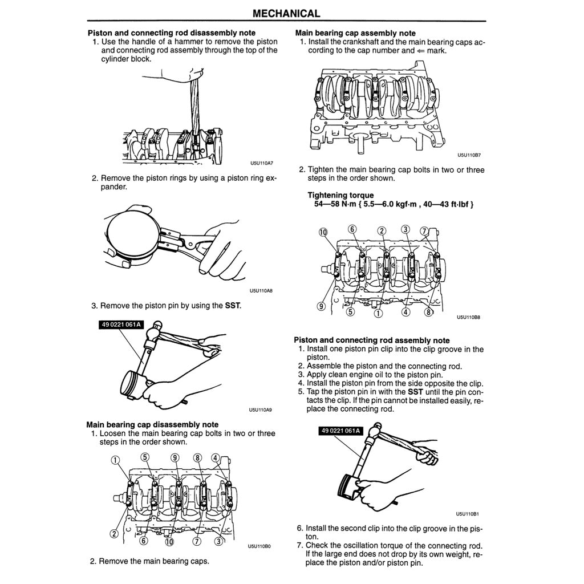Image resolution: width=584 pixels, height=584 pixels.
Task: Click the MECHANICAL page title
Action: pos(286,13)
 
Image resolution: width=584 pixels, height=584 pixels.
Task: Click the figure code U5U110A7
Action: pos(261,162)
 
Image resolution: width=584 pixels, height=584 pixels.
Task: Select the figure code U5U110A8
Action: pos(261,291)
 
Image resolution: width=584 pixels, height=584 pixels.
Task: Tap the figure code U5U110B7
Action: pos(469,155)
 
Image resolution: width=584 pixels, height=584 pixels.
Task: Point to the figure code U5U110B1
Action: pos(468,513)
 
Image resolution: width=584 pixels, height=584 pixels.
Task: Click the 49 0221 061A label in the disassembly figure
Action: pos(121,325)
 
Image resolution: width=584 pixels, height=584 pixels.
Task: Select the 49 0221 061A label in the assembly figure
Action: pos(339,431)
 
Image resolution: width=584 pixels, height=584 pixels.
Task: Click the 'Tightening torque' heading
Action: pos(340,195)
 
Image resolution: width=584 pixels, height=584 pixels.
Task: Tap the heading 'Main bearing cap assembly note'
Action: pos(355,33)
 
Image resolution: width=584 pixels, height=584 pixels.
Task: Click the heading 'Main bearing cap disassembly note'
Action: pos(152,424)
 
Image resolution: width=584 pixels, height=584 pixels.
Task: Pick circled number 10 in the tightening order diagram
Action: pos(323,232)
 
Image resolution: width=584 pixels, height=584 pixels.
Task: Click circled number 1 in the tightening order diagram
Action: pos(377,313)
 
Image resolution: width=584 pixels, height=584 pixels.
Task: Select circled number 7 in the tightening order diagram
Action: pos(424,231)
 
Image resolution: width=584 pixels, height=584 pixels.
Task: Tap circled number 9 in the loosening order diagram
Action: pos(175,457)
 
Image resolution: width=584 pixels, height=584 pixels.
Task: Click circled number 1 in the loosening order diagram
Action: pos(115,460)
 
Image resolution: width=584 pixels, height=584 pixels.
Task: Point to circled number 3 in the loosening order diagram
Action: pos(218,541)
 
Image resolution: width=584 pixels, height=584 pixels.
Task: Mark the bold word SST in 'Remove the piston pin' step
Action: pos(233,306)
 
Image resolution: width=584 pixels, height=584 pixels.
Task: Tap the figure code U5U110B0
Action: pos(259,546)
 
